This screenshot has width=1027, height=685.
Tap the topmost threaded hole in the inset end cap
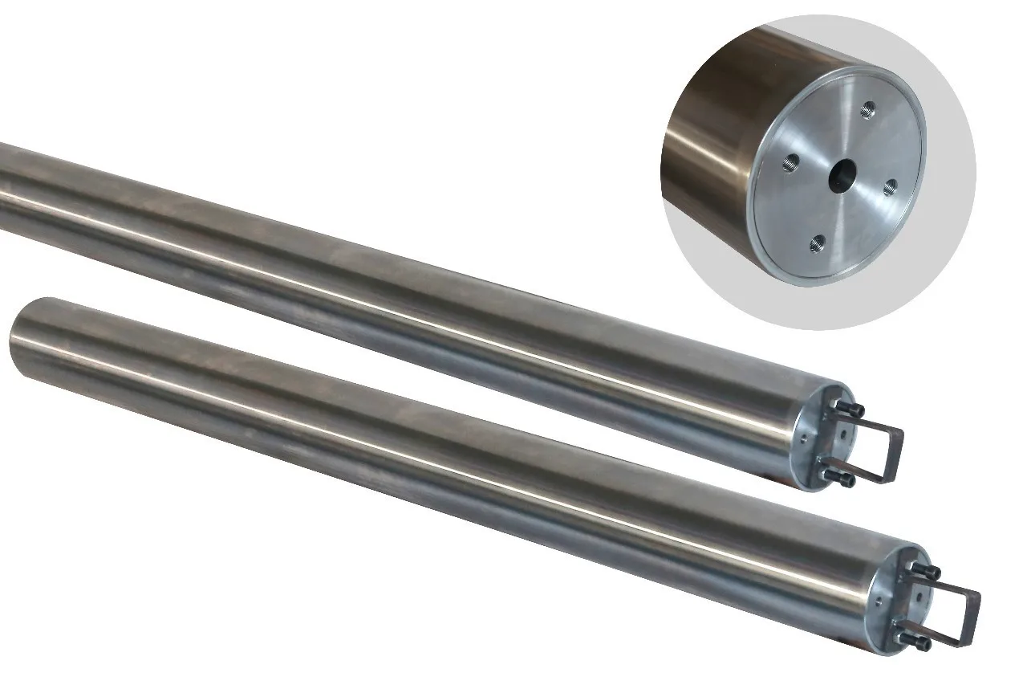[867, 108]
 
